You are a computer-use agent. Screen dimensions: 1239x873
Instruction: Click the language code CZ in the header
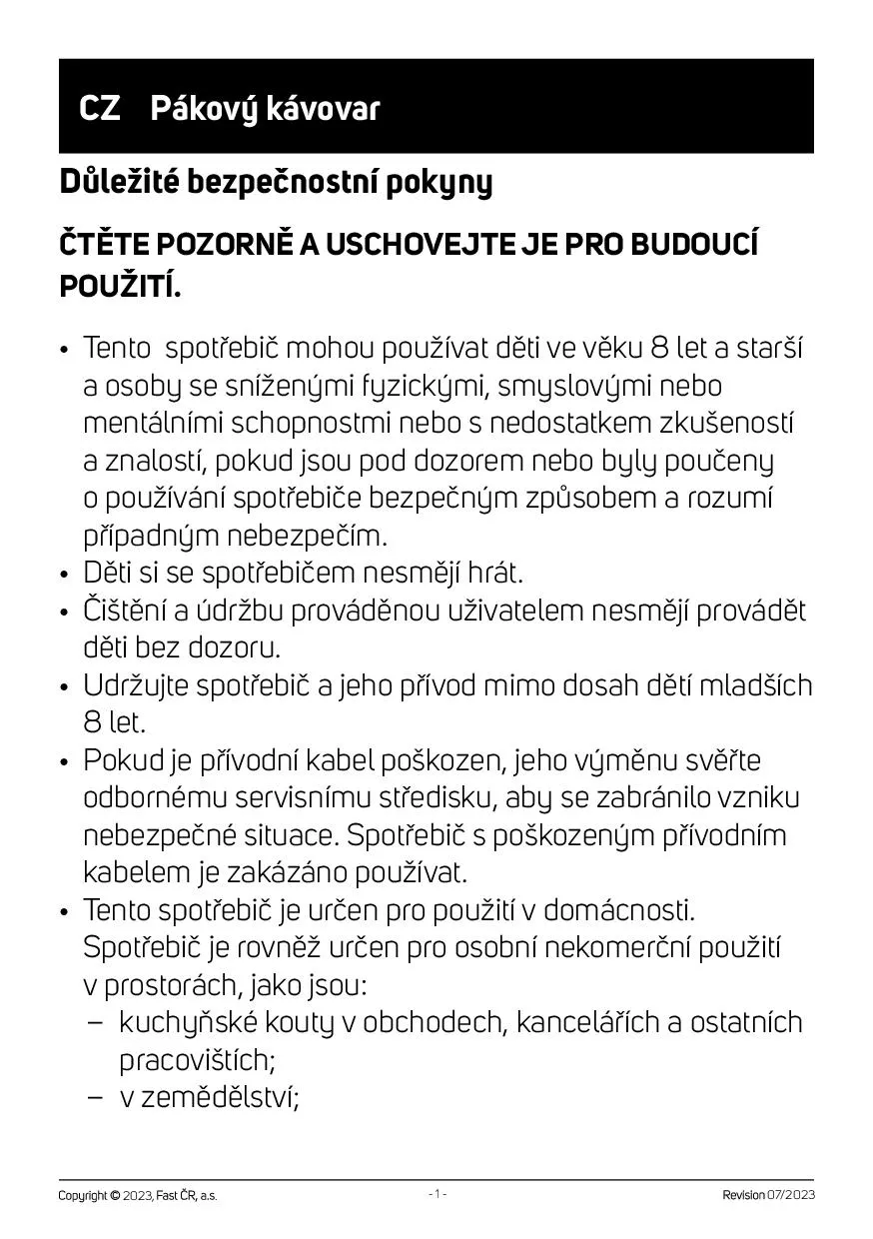click(x=100, y=109)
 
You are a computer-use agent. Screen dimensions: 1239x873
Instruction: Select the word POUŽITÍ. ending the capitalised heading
click(x=121, y=287)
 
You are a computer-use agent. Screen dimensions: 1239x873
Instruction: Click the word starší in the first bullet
click(x=770, y=349)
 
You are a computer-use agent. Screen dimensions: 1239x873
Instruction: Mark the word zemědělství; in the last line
click(x=210, y=1097)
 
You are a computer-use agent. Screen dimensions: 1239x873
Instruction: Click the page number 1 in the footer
click(x=436, y=1194)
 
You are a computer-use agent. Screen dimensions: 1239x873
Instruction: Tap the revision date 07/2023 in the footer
click(x=790, y=1195)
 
